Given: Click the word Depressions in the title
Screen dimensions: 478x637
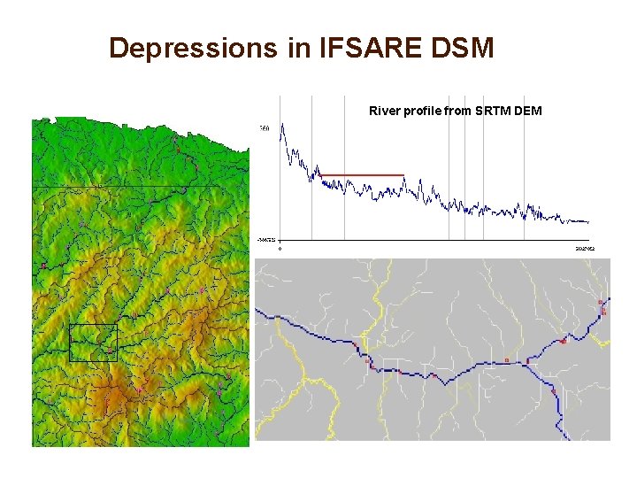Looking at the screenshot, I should tap(193, 48).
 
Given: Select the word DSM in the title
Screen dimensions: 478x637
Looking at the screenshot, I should tap(460, 48).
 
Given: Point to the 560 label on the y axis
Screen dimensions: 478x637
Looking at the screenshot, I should tap(264, 129).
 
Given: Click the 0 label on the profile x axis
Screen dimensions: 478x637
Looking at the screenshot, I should tap(281, 250).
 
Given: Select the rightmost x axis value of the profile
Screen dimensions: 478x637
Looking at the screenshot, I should tap(586, 250).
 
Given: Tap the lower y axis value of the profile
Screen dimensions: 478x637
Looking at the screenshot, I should tap(265, 239).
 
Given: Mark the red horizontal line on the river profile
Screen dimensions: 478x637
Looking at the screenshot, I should tap(363, 175).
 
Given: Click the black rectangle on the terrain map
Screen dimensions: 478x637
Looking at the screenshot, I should tap(93, 343).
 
